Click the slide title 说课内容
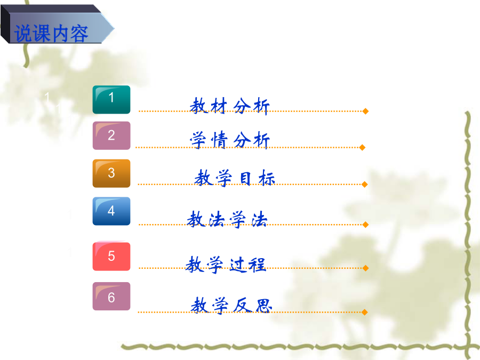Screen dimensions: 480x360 point(51,34)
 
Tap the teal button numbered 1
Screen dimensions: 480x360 point(111,100)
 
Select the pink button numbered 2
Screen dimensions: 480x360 point(111,135)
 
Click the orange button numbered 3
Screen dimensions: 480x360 point(111,173)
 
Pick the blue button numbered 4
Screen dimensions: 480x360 point(111,211)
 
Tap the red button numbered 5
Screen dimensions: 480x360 point(111,256)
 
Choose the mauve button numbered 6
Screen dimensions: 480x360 point(111,296)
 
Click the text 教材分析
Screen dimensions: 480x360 point(229,106)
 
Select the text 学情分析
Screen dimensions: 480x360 point(229,140)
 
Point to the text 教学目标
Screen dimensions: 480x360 point(235,178)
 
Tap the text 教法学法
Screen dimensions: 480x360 point(227,219)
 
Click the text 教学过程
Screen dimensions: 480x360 point(226,265)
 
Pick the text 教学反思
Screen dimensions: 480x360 point(231,305)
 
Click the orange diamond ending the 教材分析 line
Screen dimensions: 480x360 point(365,111)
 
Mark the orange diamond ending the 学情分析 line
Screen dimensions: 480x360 point(362,148)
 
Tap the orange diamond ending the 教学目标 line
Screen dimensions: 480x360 point(364,185)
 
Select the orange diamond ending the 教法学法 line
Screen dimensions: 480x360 point(365,225)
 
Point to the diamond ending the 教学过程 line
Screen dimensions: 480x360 point(365,268)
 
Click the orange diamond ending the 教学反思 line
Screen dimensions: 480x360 point(364,312)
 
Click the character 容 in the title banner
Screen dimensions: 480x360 point(79,34)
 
